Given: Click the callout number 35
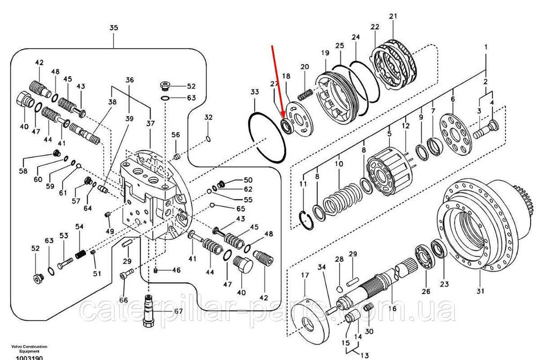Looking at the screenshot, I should tap(113, 28).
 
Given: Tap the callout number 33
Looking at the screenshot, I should tap(255, 93).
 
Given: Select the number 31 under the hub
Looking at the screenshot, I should tap(480, 291).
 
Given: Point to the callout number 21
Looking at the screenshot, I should tap(393, 17).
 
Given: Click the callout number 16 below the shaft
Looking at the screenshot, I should tap(392, 309).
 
